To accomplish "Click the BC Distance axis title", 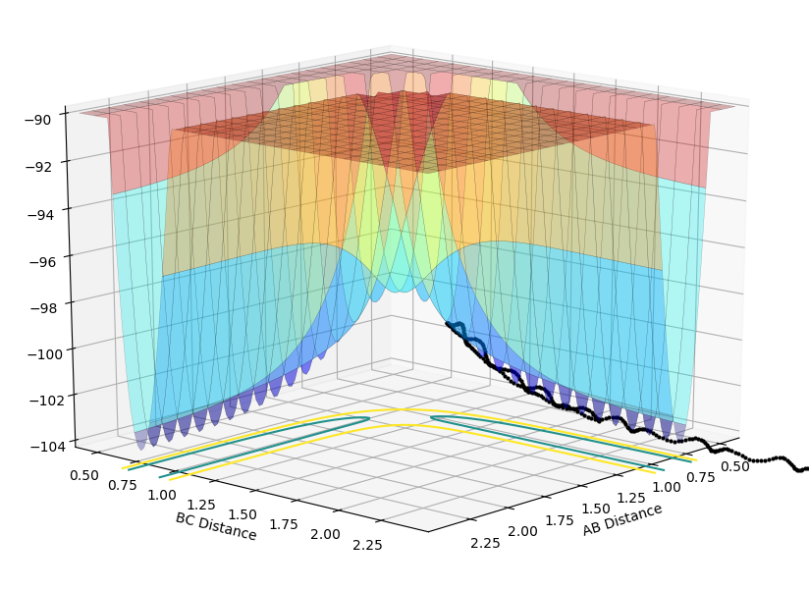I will (216, 526).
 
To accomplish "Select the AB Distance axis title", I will (621, 520).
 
